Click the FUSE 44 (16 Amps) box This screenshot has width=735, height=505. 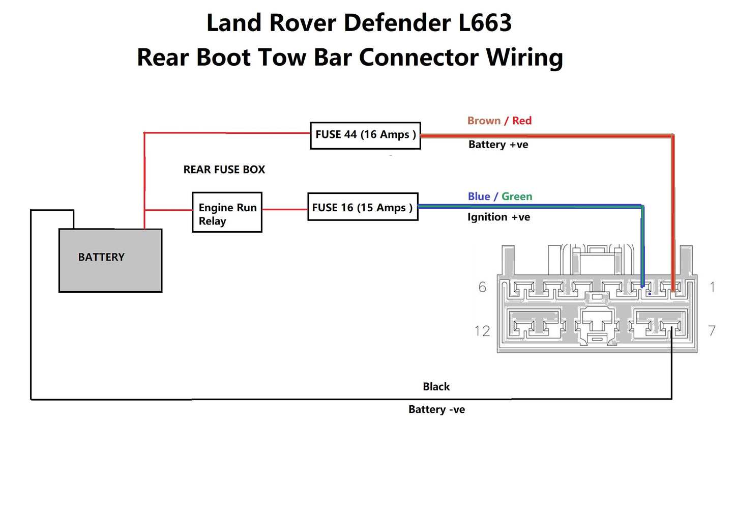click(x=365, y=135)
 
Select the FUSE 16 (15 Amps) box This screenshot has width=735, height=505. click(x=363, y=207)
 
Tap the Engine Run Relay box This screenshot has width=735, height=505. click(x=227, y=212)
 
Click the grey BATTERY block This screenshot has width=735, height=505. click(x=110, y=260)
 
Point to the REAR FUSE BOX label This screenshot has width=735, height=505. click(x=224, y=170)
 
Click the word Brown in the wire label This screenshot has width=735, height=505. click(x=484, y=121)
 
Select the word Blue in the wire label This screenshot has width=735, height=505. click(x=479, y=197)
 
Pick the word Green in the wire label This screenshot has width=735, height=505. click(x=517, y=197)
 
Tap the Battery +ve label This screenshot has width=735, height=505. click(x=498, y=145)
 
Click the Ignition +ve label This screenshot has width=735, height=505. click(x=498, y=217)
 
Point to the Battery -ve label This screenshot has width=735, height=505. click(x=436, y=410)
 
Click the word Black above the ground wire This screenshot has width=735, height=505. click(x=436, y=387)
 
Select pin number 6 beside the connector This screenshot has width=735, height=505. click(x=482, y=287)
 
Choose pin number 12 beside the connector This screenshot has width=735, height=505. click(x=482, y=331)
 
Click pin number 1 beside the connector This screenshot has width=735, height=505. click(x=713, y=287)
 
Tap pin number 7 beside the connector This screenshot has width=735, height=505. click(x=712, y=331)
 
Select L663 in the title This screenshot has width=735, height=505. click(x=485, y=23)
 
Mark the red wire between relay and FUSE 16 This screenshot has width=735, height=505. click(x=284, y=209)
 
